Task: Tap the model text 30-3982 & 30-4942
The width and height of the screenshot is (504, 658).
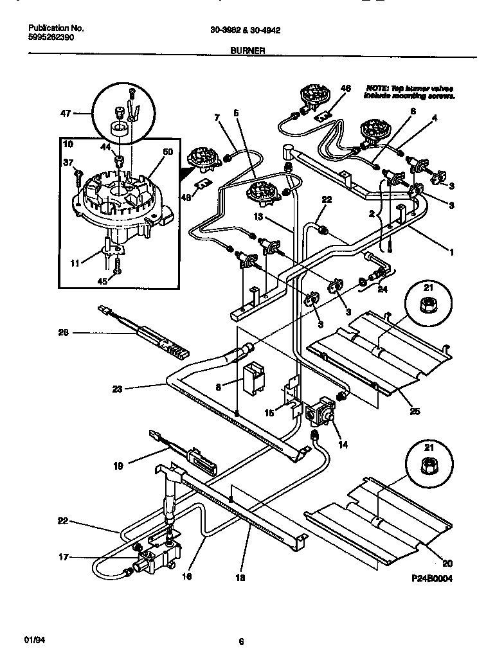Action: pos(244,30)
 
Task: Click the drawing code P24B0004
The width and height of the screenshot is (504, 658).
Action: pos(432,578)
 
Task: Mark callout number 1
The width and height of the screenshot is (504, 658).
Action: pos(451,253)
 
